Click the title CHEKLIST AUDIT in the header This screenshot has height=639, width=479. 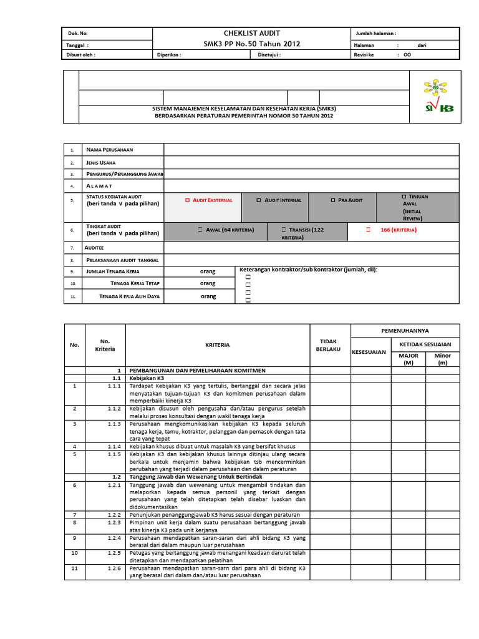point(251,33)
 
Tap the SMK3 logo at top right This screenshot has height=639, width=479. point(439,96)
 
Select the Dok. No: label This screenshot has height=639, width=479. point(77,34)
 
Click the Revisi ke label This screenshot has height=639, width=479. point(364,55)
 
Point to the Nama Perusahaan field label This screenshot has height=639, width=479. point(109,150)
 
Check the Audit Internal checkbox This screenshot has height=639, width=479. point(259,200)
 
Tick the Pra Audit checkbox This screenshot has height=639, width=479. point(332,200)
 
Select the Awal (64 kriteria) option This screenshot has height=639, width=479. point(200,230)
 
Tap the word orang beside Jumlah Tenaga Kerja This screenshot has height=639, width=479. point(208,271)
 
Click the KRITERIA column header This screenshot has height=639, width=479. point(217,344)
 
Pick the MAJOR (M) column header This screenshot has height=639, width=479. point(409,359)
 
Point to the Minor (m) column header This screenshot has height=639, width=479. point(442,359)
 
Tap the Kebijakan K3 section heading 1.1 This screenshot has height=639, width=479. point(146,378)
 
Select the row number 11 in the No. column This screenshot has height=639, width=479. point(74,568)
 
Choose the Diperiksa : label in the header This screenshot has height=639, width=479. point(168,55)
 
